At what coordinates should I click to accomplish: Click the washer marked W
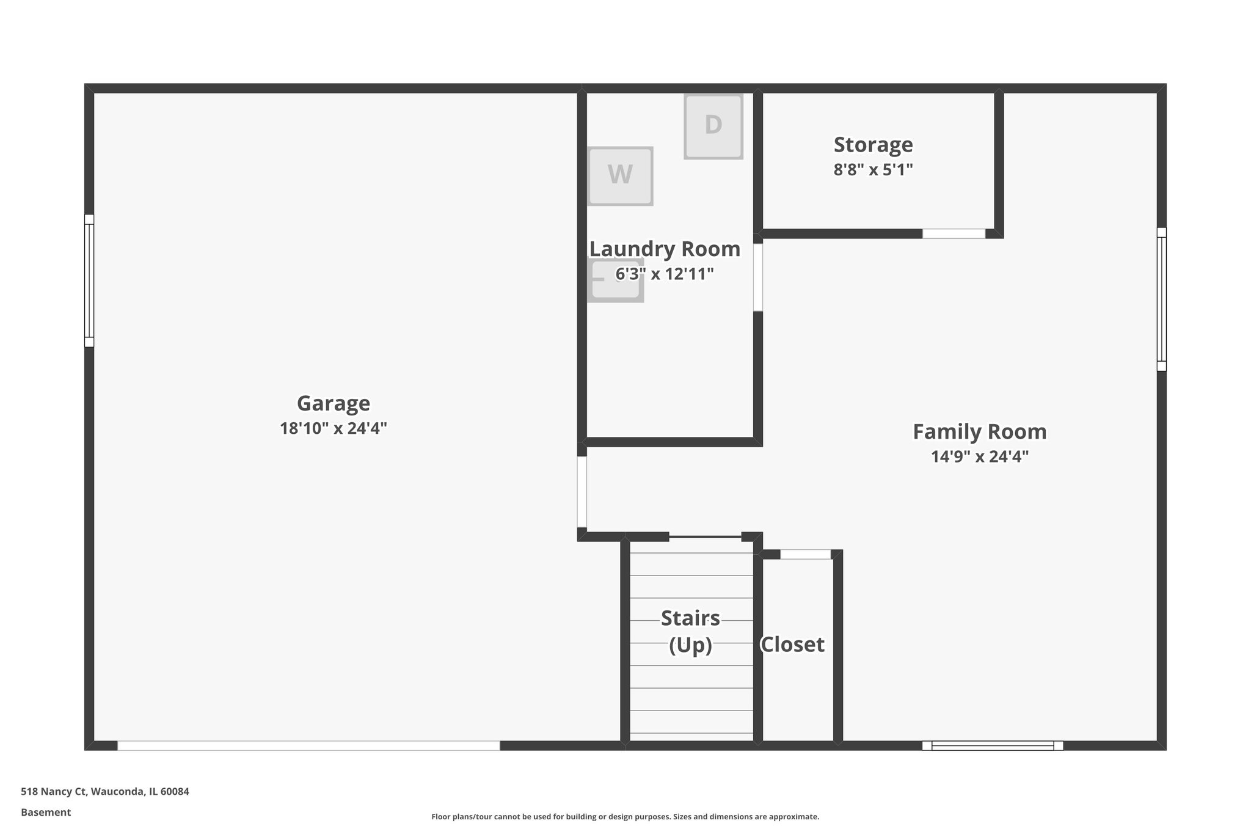pyautogui.click(x=620, y=175)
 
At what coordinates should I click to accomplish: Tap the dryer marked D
pyautogui.click(x=713, y=126)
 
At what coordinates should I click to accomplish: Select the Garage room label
pyautogui.click(x=334, y=403)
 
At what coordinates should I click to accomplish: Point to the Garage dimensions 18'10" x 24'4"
pyautogui.click(x=334, y=428)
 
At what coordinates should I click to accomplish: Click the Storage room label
pyautogui.click(x=873, y=145)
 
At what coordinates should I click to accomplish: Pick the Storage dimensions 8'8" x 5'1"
pyautogui.click(x=873, y=169)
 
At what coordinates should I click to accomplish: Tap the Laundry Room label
pyautogui.click(x=665, y=249)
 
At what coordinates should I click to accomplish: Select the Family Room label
pyautogui.click(x=979, y=432)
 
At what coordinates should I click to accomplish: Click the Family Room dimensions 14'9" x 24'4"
pyautogui.click(x=979, y=456)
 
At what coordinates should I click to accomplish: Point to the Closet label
pyautogui.click(x=792, y=645)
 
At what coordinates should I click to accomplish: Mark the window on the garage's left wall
pyautogui.click(x=89, y=280)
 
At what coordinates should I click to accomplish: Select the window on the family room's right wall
pyautogui.click(x=1161, y=299)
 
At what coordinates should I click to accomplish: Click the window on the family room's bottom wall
pyautogui.click(x=992, y=745)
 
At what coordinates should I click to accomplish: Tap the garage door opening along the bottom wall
pyautogui.click(x=308, y=745)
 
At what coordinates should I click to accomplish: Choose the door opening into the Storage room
pyautogui.click(x=953, y=233)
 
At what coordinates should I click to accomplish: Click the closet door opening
pyautogui.click(x=805, y=554)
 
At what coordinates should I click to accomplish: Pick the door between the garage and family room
pyautogui.click(x=582, y=492)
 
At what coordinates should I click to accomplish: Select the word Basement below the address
pyautogui.click(x=46, y=813)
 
